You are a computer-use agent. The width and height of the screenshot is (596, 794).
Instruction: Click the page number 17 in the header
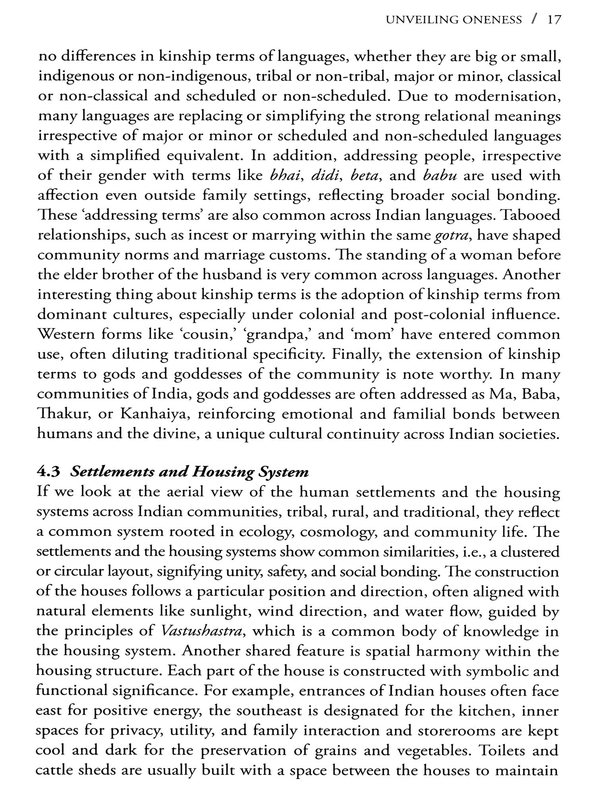tap(553, 20)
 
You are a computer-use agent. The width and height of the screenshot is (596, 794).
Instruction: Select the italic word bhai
tap(284, 175)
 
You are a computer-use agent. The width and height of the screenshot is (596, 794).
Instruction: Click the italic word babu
tap(439, 175)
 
